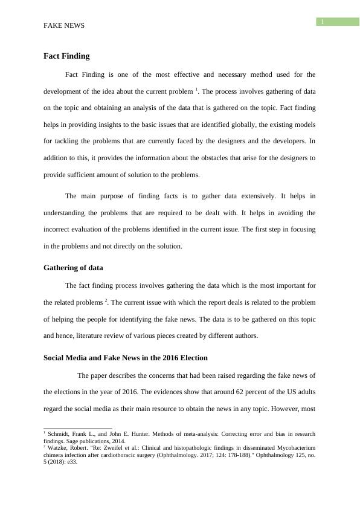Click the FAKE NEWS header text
[x=64, y=26]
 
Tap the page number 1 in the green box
[x=323, y=22]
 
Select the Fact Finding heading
[x=66, y=56]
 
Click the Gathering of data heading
[x=73, y=268]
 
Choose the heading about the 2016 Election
[x=126, y=358]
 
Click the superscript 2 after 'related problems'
[x=106, y=300]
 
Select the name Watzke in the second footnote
[x=59, y=449]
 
